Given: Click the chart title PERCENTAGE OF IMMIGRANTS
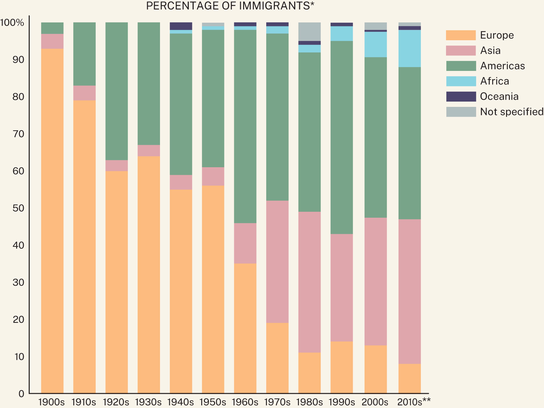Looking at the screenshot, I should [x=230, y=6].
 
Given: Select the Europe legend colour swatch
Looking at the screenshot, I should [x=461, y=35].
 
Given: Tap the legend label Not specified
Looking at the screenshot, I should [x=511, y=112].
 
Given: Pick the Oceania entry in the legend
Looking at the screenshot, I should [x=499, y=97].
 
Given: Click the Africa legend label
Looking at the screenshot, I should [x=495, y=81].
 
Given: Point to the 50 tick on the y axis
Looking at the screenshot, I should [x=19, y=208].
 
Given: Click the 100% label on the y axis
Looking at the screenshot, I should [x=13, y=23].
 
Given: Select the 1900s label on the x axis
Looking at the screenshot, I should [x=52, y=402].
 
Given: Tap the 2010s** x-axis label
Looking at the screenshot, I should [x=414, y=402].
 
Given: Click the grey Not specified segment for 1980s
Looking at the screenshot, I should [x=309, y=32].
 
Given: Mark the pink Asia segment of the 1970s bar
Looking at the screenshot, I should [x=277, y=262].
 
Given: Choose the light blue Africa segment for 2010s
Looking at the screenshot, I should [x=409, y=48].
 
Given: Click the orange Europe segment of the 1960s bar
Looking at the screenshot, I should [x=245, y=328].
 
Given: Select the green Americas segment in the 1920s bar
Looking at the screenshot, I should [x=116, y=91].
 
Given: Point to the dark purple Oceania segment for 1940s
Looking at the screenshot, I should [x=181, y=26].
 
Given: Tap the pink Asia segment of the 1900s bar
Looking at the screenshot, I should [x=52, y=41].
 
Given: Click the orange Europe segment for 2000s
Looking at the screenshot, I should [x=375, y=369].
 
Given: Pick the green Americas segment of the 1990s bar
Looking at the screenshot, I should [x=341, y=137].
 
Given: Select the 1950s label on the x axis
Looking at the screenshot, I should [x=213, y=402].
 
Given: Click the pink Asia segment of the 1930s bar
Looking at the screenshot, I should [x=148, y=150].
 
